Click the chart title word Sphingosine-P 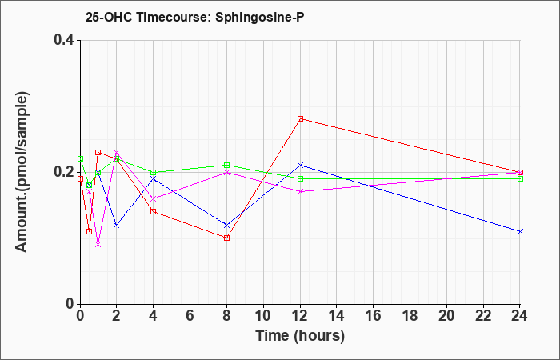point(260,17)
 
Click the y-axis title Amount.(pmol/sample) point(22,172)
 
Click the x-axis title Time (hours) point(300,336)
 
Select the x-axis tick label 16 point(374,316)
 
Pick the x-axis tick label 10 point(263,316)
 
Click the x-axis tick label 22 point(483,316)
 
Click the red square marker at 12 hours point(300,119)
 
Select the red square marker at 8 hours point(226,238)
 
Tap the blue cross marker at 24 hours point(520,231)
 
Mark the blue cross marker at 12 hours point(300,165)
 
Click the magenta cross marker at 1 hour point(98,244)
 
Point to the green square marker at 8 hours point(226,166)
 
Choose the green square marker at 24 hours point(520,178)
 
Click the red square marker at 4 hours point(154,211)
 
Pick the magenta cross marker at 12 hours point(300,191)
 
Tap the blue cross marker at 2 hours point(117,225)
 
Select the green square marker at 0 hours point(80,158)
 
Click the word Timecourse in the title point(174,17)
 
